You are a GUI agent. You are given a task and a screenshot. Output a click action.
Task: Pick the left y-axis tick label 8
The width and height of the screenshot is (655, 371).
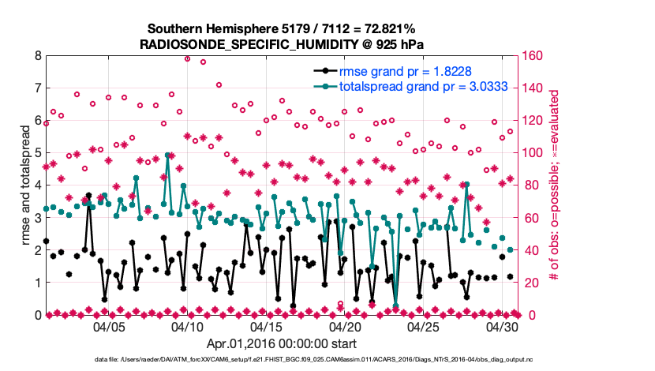coord(37,56)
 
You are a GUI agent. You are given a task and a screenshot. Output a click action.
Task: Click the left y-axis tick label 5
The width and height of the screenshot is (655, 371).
coord(37,153)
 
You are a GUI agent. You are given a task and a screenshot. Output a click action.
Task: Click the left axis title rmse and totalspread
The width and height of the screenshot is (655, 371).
coord(24,185)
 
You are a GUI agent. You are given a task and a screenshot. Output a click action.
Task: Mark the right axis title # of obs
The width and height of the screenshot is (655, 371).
coord(555,185)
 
